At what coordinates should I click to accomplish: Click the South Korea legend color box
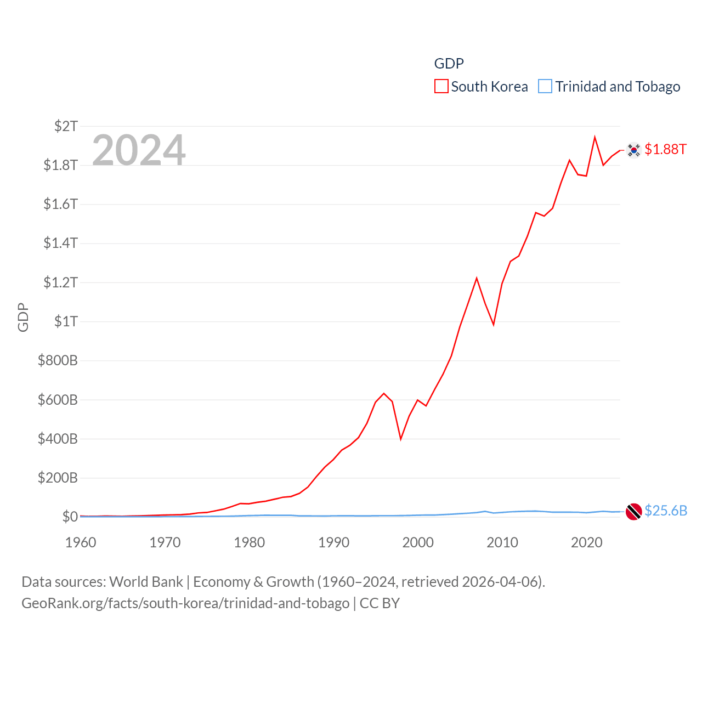[x=441, y=87]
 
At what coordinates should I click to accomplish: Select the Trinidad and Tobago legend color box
[x=545, y=87]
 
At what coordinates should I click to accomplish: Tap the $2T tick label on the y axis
[x=66, y=126]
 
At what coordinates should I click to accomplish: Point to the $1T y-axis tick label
[x=66, y=321]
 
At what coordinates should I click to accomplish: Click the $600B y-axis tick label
[x=58, y=400]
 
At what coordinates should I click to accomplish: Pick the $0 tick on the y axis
[x=70, y=517]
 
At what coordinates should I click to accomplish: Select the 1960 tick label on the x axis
[x=81, y=542]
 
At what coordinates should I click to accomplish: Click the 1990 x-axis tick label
[x=333, y=542]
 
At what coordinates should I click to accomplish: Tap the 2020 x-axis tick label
[x=586, y=542]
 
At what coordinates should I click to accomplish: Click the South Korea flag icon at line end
[x=634, y=150]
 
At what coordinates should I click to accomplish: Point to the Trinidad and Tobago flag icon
[x=634, y=512]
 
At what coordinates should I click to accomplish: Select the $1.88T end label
[x=665, y=149]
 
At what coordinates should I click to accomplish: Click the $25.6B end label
[x=666, y=511]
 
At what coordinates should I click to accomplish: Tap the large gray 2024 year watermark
[x=139, y=150]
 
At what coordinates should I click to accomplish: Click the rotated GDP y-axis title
[x=23, y=317]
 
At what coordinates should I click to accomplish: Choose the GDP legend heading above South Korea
[x=449, y=64]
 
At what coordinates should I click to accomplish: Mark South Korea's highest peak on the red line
[x=595, y=137]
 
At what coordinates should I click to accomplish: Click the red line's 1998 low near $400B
[x=401, y=439]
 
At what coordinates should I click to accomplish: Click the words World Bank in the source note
[x=146, y=582]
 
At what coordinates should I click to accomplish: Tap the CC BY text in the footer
[x=380, y=603]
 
